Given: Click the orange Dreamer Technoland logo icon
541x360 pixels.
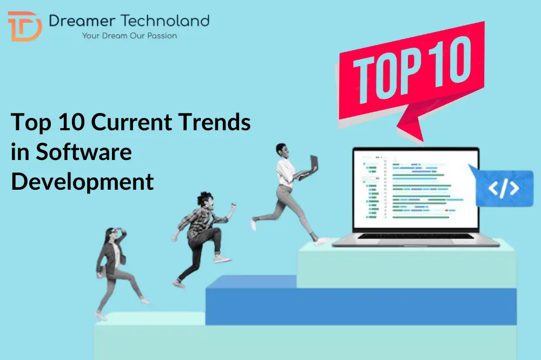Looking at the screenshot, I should [24, 26].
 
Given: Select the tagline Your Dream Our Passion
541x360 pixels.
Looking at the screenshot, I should [129, 36].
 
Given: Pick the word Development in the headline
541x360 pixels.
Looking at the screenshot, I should [82, 181].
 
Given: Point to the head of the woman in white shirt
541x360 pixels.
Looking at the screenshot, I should [281, 150].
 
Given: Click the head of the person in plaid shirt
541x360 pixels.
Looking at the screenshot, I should [204, 199].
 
